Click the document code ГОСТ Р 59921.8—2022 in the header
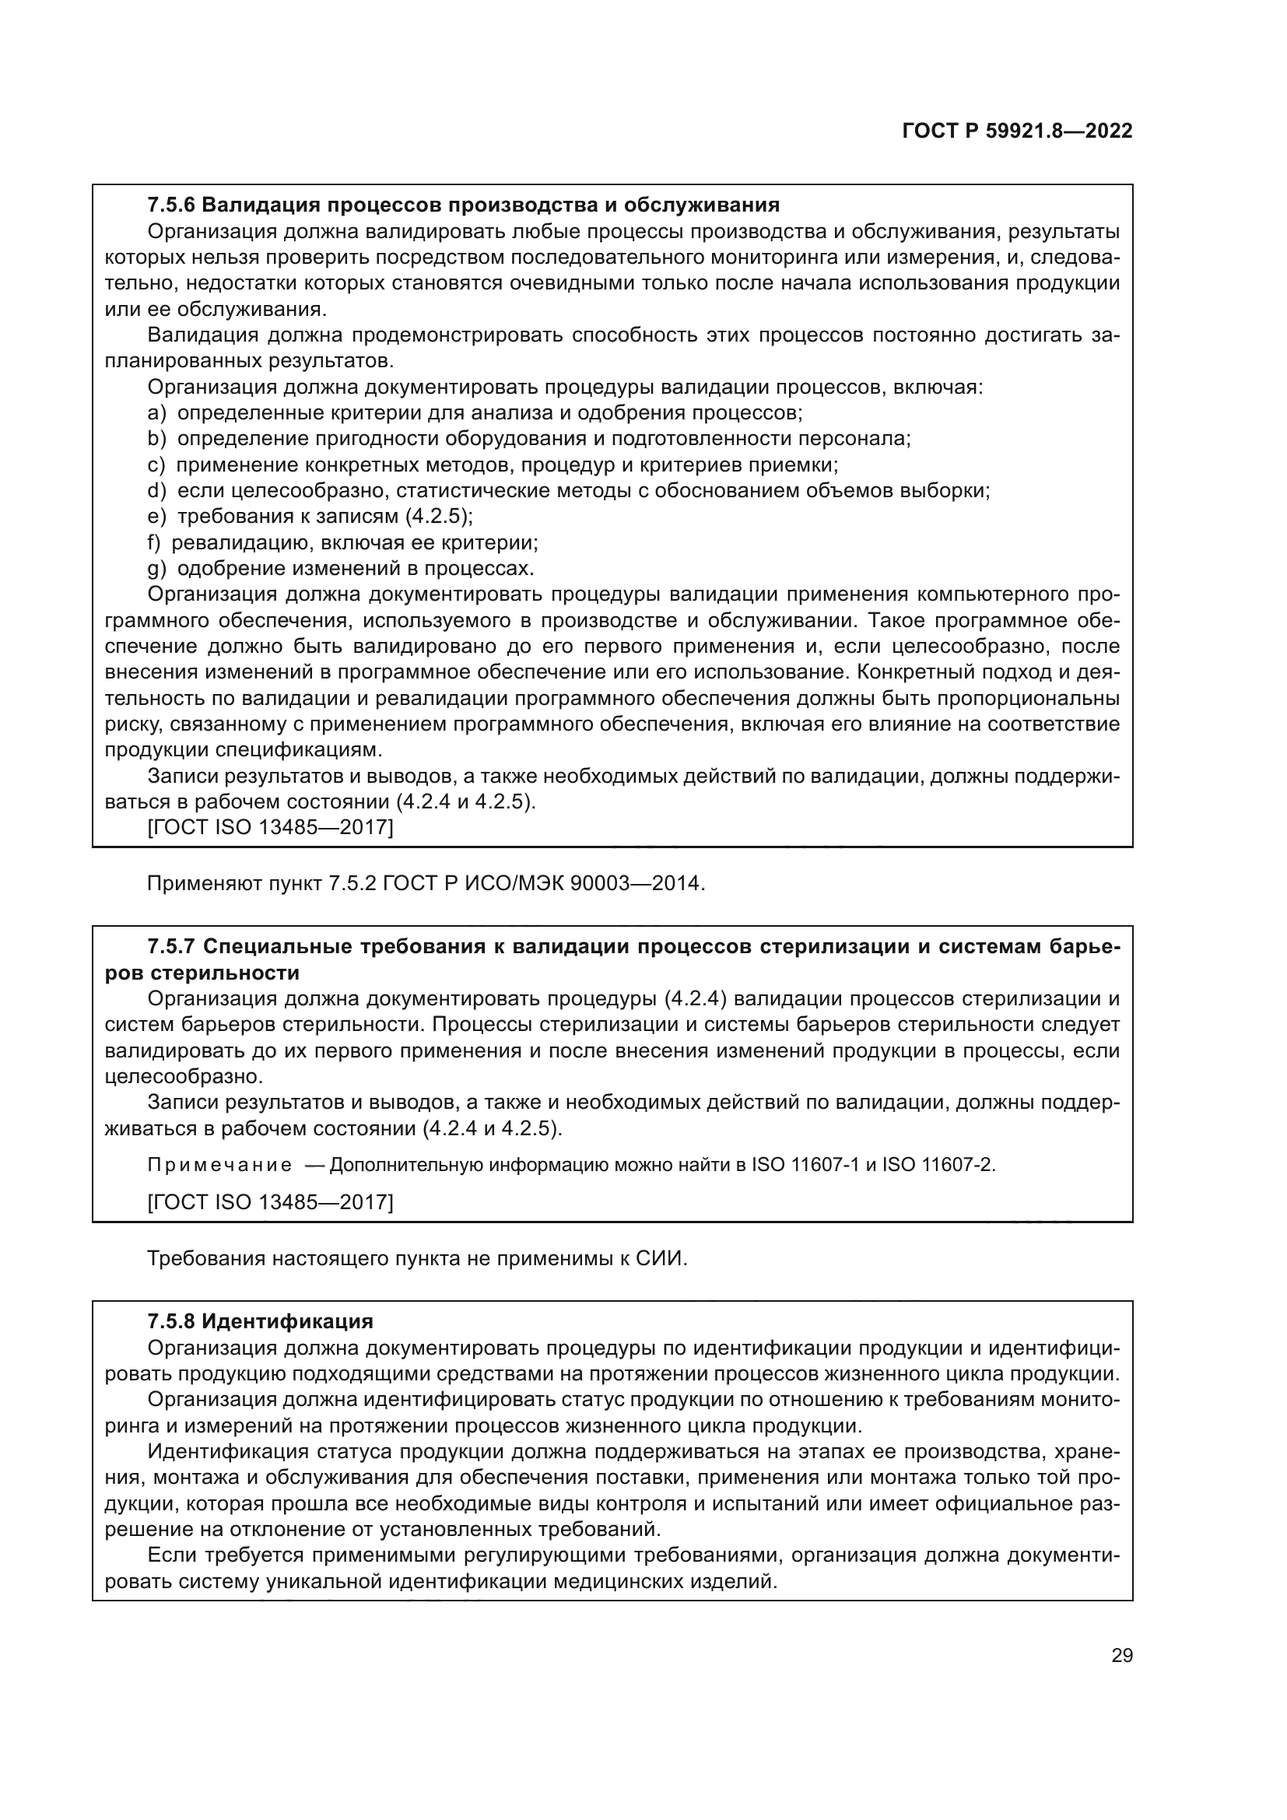point(1017,132)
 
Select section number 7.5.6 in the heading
point(170,205)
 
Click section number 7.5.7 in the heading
point(170,946)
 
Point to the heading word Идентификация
point(287,1321)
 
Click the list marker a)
point(156,413)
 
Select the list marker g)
point(156,568)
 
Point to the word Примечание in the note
point(219,1165)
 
